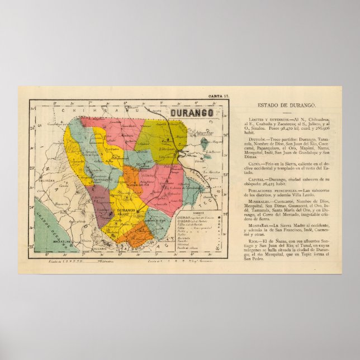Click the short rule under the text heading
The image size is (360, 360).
coord(286,112)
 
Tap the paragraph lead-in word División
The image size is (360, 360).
coord(258,138)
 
